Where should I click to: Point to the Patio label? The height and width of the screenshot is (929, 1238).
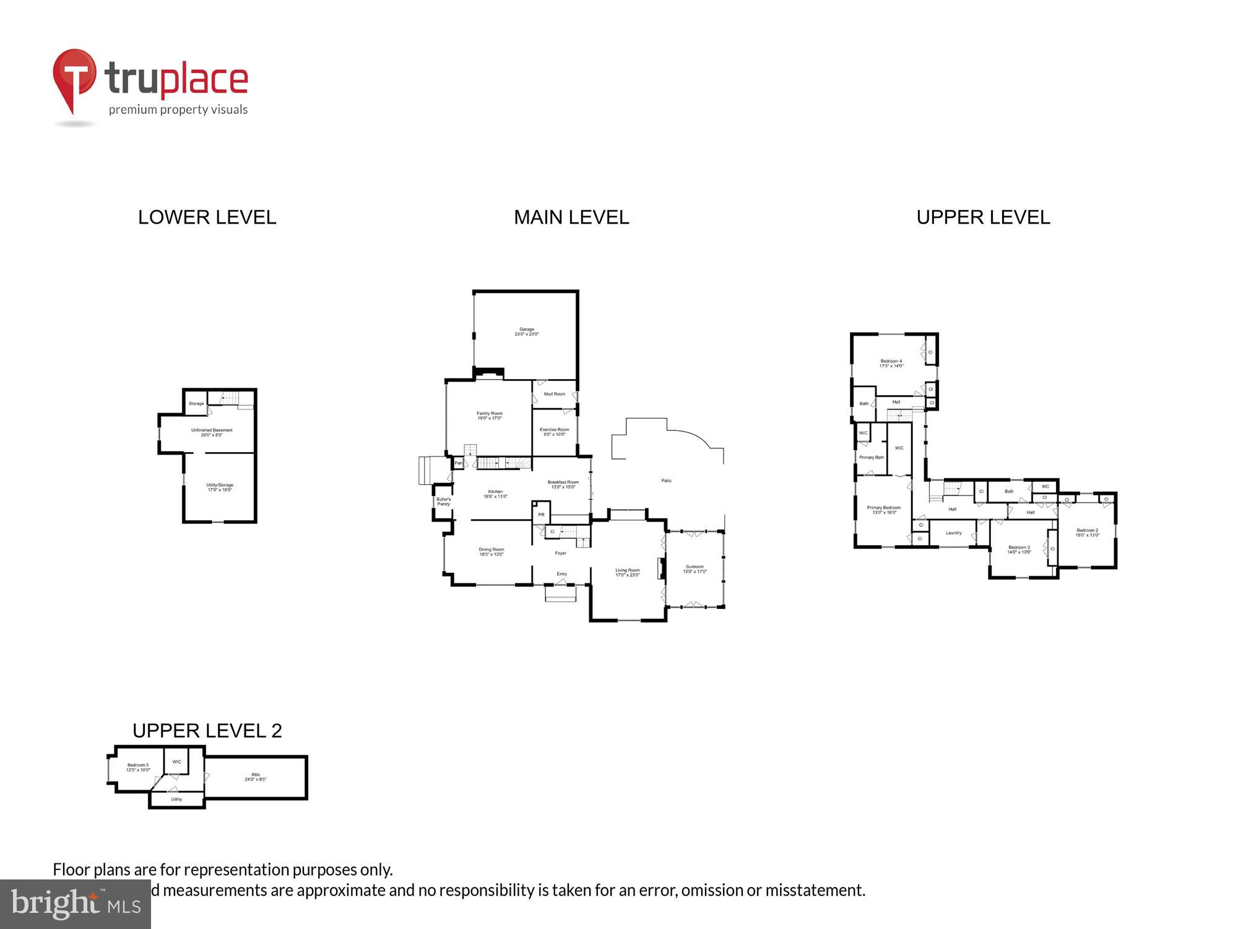[x=666, y=481]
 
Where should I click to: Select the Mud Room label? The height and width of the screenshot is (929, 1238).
[x=554, y=394]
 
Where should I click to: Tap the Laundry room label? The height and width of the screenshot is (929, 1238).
[x=953, y=533]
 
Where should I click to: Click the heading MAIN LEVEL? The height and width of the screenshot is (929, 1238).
[x=571, y=217]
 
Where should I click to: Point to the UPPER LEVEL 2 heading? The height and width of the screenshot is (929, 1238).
[x=207, y=731]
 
